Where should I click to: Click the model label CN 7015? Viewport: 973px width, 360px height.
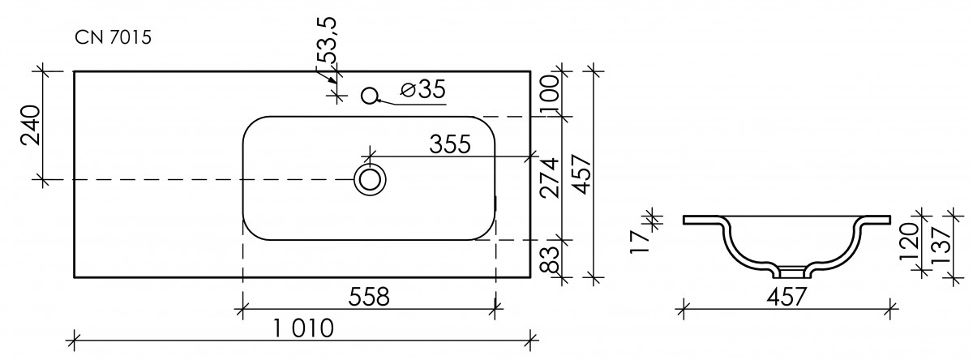pos(113,38)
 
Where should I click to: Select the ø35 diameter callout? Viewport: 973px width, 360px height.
pos(423,90)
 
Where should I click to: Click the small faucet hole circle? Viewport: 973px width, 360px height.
pos(370,96)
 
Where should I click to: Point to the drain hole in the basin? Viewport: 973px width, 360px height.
pos(370,180)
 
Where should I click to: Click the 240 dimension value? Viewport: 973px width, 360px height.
pos(31,125)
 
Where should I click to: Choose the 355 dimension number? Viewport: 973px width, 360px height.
pos(450,144)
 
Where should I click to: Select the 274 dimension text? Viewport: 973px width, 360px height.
pos(548,178)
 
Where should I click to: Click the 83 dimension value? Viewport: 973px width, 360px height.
pos(549,259)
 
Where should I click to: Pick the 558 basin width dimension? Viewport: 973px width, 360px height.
pos(369,298)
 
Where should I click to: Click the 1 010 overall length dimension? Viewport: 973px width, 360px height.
pos(303,328)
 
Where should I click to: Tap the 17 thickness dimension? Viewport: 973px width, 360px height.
pos(640,242)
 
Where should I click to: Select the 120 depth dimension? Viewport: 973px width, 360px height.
pos(908,242)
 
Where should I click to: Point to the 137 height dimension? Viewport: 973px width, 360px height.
pos(941,246)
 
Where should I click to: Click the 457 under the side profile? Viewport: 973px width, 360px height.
pos(787,297)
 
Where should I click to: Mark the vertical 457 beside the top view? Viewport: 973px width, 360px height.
pos(581,174)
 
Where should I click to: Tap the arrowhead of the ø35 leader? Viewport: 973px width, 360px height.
pos(379,101)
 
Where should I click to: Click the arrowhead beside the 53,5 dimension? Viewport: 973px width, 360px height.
pos(332,80)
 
